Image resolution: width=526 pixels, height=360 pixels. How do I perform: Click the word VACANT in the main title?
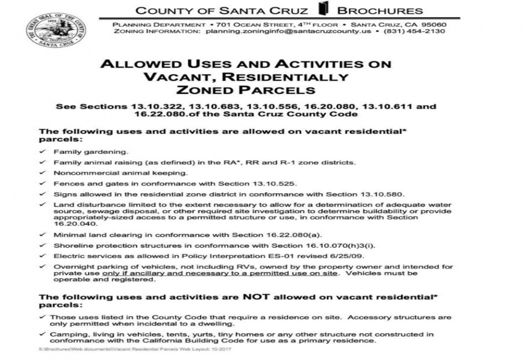tap(175, 77)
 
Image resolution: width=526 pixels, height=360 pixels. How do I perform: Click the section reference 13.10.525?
tap(275, 183)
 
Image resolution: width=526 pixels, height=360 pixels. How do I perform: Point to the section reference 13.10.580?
tap(380, 194)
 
